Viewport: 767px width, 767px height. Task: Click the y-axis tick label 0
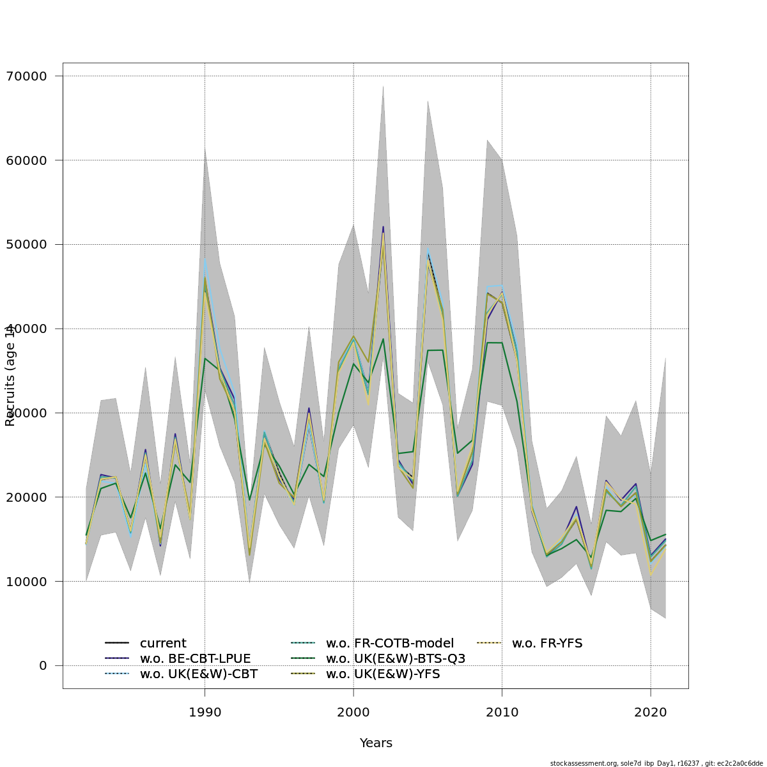[43, 666]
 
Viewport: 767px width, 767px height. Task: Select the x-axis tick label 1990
[205, 711]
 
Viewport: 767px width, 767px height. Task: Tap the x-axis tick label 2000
[353, 711]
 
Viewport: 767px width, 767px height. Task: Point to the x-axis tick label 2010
[502, 711]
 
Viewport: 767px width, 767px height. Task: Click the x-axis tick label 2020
[651, 711]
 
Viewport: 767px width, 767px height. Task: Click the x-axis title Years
[376, 743]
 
